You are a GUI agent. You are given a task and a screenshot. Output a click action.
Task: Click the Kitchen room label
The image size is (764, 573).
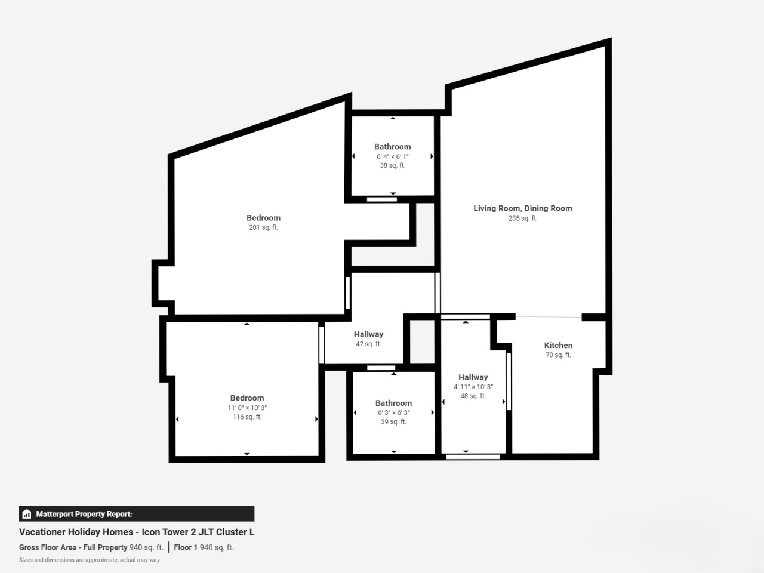[558, 345]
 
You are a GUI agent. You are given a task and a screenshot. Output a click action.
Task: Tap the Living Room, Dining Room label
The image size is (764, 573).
[523, 208]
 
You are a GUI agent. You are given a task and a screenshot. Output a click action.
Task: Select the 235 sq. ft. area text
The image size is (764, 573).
[523, 218]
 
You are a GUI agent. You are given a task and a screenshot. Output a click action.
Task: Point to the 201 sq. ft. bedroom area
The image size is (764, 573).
[263, 227]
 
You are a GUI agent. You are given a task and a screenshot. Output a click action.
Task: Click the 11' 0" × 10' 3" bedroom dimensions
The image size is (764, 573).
[247, 408]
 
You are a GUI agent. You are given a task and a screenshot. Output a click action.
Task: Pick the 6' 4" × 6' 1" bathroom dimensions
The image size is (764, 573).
[393, 156]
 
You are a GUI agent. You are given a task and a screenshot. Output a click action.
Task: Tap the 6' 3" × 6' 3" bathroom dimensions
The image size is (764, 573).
[394, 412]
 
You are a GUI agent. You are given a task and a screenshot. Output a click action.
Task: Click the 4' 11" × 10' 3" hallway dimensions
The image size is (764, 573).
[473, 387]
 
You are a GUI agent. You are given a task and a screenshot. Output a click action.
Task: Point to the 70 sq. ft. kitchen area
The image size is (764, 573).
[558, 355]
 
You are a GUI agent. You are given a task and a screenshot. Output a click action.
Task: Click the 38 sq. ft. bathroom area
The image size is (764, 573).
[393, 165]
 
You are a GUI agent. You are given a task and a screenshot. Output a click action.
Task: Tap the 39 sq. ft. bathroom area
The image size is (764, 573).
[394, 421]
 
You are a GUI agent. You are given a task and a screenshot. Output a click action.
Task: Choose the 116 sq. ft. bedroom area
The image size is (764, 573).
[247, 417]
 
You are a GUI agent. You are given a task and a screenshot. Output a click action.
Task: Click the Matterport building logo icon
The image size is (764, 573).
[27, 514]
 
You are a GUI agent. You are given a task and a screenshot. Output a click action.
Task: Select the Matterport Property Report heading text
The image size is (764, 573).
[84, 514]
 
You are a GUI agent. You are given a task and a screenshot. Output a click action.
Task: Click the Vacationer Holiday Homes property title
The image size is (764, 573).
[137, 532]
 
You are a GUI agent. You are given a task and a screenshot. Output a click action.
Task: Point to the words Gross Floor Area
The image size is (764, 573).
[48, 547]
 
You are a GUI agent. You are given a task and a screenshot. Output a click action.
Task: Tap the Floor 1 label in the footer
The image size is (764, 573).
[186, 547]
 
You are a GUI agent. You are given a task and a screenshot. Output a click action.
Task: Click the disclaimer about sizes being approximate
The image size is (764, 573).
[90, 560]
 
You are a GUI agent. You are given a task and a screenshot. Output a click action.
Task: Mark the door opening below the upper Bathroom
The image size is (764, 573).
[382, 199]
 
